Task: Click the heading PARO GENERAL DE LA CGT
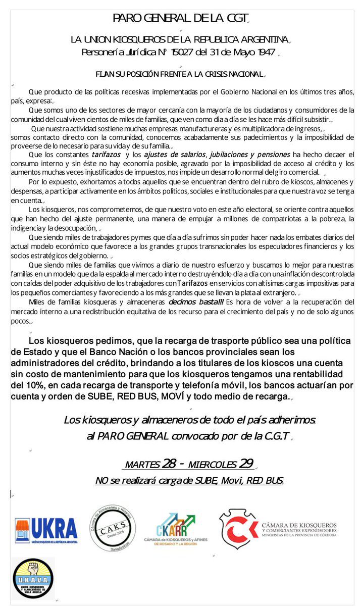[181, 19]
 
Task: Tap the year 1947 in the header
[261, 52]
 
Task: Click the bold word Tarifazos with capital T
[191, 284]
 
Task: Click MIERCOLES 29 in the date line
[222, 464]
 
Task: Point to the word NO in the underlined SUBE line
[101, 481]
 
